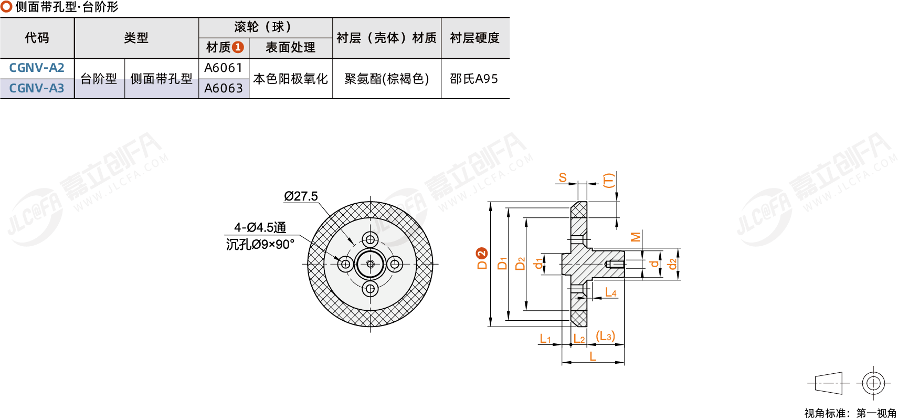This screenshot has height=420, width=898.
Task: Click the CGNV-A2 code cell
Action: pos(37,68)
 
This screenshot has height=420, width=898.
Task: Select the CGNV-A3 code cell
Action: pos(37,88)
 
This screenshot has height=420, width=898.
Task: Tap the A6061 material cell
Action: pos(223,68)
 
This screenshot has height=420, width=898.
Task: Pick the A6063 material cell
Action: pos(223,88)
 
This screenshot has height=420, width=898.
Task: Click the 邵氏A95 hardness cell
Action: pos(474,79)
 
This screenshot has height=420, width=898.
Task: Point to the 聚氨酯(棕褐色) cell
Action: pos(386,79)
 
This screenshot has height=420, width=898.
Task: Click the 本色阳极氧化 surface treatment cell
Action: pos(290,79)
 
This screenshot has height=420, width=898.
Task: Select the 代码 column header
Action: pos(37,38)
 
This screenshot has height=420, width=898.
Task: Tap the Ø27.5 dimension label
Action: pos(301,196)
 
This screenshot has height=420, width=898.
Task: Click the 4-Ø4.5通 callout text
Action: pos(260,227)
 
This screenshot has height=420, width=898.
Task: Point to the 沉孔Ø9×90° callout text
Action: pos(260,244)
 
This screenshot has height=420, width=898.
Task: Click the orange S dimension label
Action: pos(563,177)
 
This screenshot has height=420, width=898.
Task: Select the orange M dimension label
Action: pos(636,237)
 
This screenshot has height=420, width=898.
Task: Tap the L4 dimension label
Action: pos(610,292)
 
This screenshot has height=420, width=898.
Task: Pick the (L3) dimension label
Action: pos(605,336)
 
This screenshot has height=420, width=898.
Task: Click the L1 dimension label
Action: pos(545,339)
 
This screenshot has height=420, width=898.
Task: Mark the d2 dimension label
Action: pos(672,264)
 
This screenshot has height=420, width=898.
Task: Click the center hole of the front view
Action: pos(370,264)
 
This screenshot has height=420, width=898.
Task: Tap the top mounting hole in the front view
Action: pos(370,240)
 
